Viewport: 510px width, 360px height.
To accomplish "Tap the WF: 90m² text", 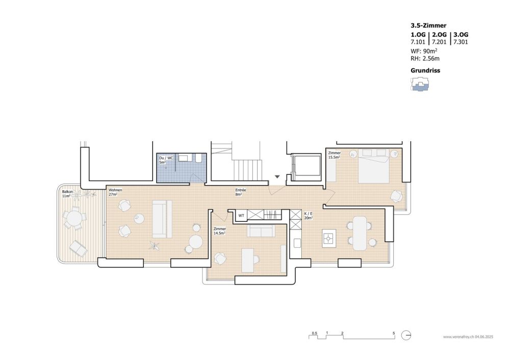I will (x=424, y=52).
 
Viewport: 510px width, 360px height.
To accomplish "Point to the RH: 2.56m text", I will (x=425, y=59).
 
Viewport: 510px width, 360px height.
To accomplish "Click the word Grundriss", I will (x=425, y=71).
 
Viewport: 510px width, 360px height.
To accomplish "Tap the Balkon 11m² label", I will (x=66, y=194).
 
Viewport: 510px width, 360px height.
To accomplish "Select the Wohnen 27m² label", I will (x=115, y=192).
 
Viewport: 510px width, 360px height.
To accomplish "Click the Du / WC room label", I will (x=166, y=160).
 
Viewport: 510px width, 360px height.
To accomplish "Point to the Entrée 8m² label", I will (x=241, y=192).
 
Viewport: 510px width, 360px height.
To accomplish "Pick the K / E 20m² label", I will (x=309, y=216).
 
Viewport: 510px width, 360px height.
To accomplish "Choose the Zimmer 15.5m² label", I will (x=335, y=155).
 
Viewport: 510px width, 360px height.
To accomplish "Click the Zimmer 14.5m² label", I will (x=220, y=231).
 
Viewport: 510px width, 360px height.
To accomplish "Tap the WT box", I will (x=241, y=216).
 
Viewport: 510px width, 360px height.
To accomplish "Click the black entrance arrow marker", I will (x=277, y=176).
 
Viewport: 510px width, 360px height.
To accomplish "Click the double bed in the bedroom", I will (x=374, y=166).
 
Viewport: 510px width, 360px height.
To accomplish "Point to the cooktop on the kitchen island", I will (x=329, y=238).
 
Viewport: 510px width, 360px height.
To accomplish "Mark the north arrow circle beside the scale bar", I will (x=406, y=336).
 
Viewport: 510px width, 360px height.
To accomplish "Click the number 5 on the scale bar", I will (x=394, y=332).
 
